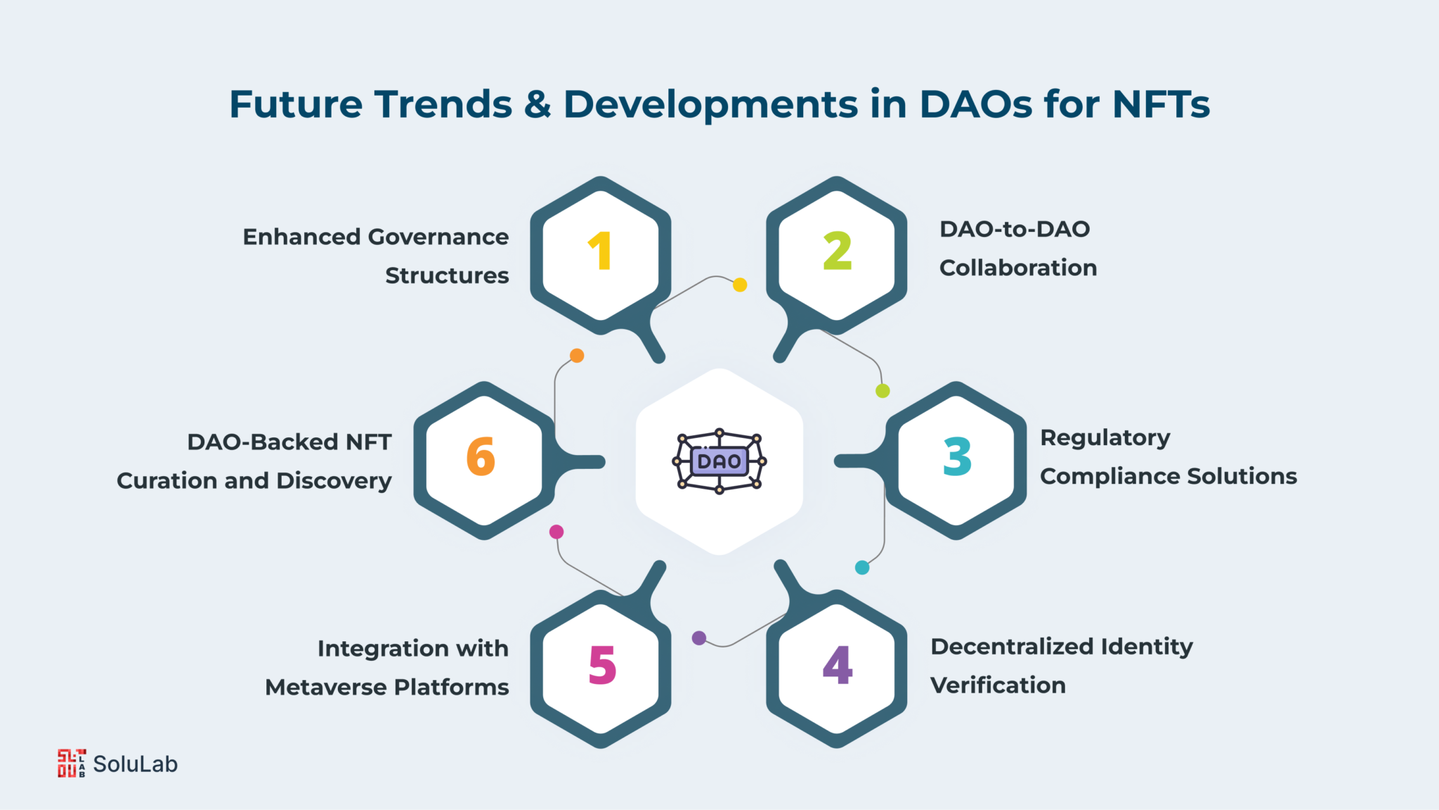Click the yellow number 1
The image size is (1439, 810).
click(601, 251)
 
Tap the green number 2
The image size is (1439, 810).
click(838, 251)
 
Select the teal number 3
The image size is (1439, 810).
click(957, 456)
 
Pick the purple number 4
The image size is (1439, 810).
click(838, 664)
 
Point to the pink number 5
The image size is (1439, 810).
click(602, 665)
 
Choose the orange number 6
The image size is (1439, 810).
click(481, 456)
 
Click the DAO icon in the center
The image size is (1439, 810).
click(719, 461)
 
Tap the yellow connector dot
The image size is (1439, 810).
click(740, 285)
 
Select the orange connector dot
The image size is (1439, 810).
click(577, 356)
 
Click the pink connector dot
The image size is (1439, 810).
click(556, 532)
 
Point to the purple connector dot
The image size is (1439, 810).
click(699, 638)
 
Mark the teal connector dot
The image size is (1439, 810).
click(862, 567)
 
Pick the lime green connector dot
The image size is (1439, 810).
click(883, 391)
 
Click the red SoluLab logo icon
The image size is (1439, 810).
click(72, 764)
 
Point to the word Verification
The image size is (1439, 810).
click(998, 685)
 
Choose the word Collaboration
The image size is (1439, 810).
click(1018, 268)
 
